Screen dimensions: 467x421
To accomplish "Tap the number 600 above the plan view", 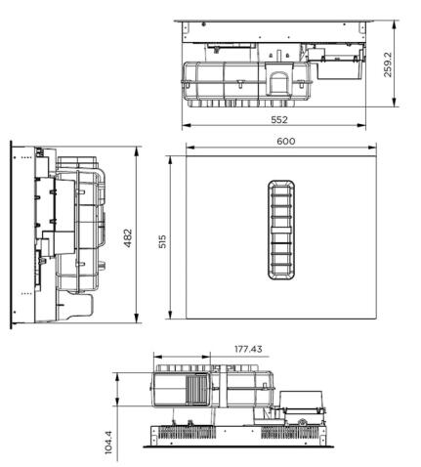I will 285,141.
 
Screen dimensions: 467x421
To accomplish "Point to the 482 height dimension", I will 128,238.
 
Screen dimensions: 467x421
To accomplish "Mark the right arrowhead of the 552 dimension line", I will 364,127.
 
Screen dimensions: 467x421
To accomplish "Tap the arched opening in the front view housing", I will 277,78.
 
